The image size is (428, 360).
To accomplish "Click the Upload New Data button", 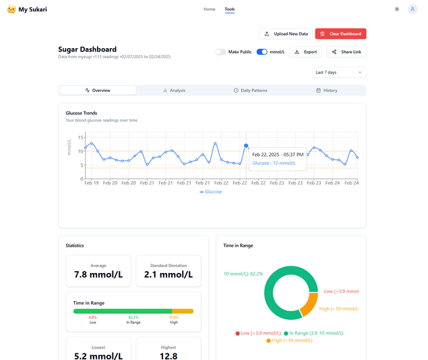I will [286, 33].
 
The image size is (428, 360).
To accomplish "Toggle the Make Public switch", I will [221, 52].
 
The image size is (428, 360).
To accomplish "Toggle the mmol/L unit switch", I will [262, 52].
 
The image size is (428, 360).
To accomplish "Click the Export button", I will [305, 52].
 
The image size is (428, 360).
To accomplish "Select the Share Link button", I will [346, 52].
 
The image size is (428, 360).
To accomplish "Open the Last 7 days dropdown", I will [339, 72].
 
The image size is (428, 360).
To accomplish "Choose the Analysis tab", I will [174, 90].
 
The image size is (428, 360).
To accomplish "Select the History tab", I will [327, 90].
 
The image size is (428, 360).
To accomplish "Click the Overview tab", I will [98, 90].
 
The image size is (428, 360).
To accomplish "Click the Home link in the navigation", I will [209, 9].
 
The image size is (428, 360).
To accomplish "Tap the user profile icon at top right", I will [413, 9].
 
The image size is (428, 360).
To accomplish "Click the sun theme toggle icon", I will [397, 9].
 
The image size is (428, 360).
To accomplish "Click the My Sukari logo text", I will [32, 9].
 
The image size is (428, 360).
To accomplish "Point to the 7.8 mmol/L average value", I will [98, 274].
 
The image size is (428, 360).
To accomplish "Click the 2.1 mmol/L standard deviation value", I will [168, 274].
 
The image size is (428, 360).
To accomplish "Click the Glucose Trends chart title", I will [82, 113].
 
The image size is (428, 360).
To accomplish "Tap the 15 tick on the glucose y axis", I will [81, 137].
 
